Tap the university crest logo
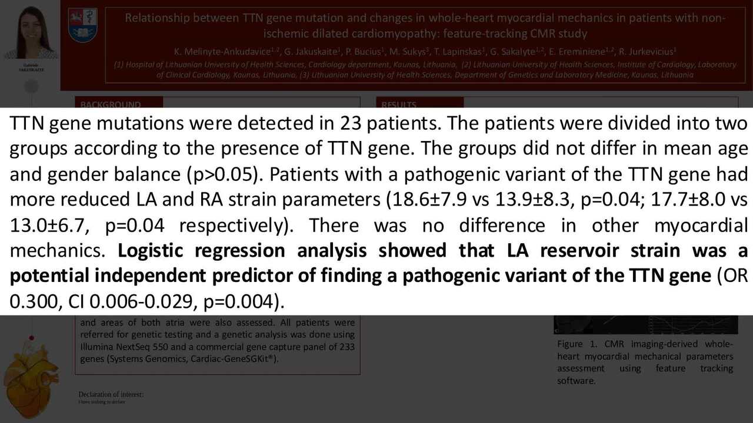coord(83,25)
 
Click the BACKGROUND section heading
coord(111,105)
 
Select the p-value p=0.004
coord(241,302)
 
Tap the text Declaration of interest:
coord(111,394)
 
